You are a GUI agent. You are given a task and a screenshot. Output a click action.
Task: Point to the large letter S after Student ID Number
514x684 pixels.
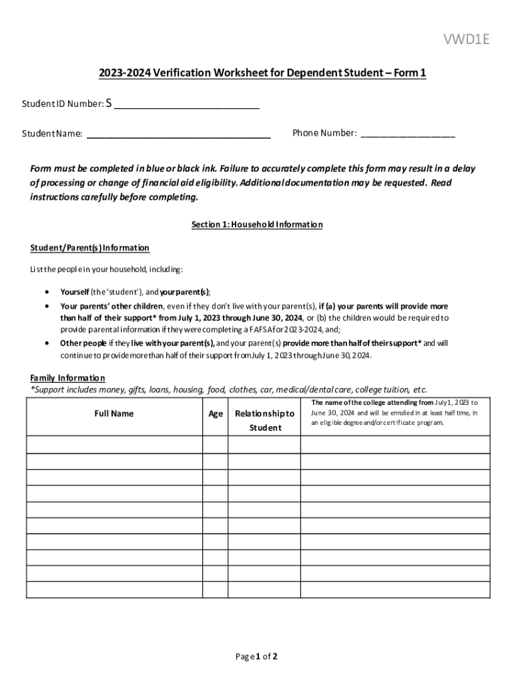[110, 103]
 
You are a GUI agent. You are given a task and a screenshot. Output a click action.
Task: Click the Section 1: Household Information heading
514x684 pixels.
[257, 224]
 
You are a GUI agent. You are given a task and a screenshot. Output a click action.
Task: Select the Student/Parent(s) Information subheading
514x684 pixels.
[89, 248]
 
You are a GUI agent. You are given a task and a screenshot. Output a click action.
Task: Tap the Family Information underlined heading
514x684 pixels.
[67, 377]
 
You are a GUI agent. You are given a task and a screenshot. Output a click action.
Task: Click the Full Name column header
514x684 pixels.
[113, 413]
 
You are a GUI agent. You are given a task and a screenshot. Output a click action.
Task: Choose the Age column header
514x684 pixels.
[215, 413]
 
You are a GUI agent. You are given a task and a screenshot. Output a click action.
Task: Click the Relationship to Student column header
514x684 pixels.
[264, 420]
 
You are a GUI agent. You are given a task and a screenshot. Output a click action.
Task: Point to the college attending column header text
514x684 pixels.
[394, 413]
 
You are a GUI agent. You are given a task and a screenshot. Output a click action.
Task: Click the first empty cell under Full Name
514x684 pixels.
[114, 444]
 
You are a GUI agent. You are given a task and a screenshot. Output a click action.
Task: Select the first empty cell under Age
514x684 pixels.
[215, 444]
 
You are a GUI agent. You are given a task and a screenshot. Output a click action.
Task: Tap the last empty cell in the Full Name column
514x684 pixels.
[114, 590]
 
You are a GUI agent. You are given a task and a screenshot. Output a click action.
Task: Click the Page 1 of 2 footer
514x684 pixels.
[256, 656]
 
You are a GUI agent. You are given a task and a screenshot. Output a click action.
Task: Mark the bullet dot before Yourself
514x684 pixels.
[45, 292]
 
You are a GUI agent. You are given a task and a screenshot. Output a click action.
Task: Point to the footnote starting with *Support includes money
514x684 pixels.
[228, 389]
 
